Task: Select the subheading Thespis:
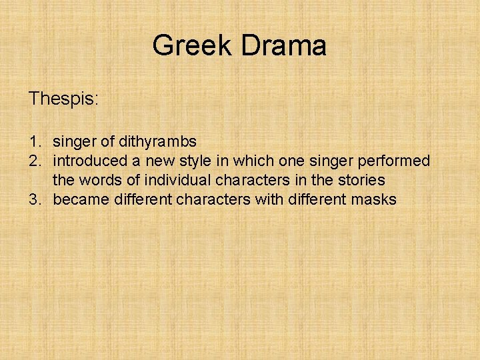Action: (x=63, y=100)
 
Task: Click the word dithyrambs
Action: (x=158, y=141)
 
